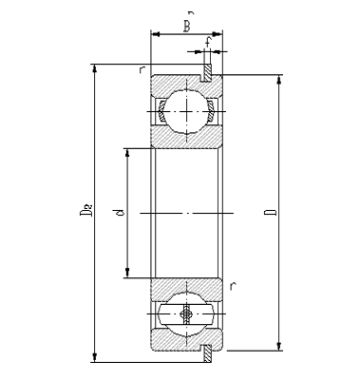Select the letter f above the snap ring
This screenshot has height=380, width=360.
point(208,42)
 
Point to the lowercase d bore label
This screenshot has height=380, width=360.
point(119,214)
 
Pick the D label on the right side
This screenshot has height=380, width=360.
point(270,212)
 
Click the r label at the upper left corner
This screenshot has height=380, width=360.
point(141,69)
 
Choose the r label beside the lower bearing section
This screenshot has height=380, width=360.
point(234,285)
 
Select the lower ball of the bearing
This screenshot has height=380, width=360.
point(186,314)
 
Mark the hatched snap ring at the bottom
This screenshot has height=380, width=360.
point(207,351)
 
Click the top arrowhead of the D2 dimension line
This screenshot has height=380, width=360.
point(94,69)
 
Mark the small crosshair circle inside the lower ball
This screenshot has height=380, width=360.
point(186,314)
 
